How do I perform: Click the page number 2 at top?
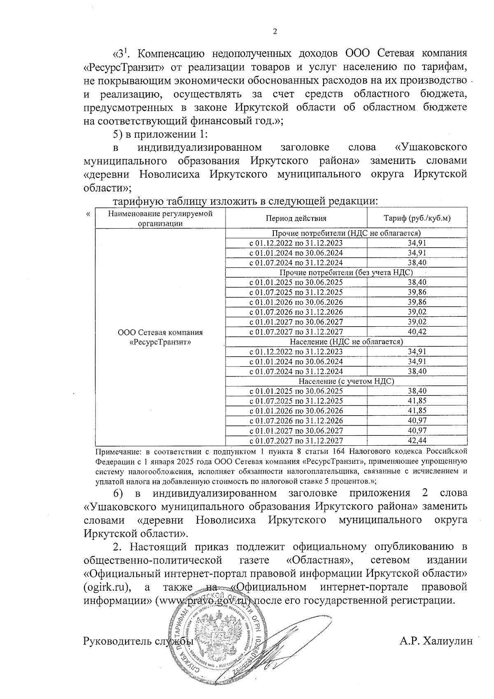275,32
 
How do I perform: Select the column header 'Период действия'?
296,218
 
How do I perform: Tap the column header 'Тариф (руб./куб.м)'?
417,218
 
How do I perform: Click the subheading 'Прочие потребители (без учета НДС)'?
346,273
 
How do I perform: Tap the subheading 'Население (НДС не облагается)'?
346,342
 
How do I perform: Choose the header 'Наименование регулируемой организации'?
160,218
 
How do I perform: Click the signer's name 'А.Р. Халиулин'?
436,641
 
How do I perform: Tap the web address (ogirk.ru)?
107,587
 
